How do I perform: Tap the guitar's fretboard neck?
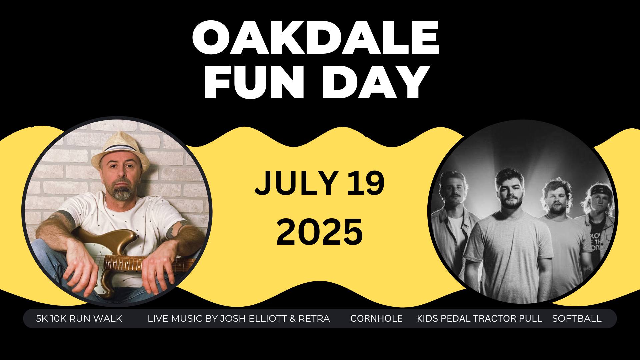150,263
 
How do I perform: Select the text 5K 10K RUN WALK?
79,319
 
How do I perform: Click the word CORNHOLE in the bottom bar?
376,319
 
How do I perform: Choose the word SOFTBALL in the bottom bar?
577,319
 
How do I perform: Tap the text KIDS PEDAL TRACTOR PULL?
479,319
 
